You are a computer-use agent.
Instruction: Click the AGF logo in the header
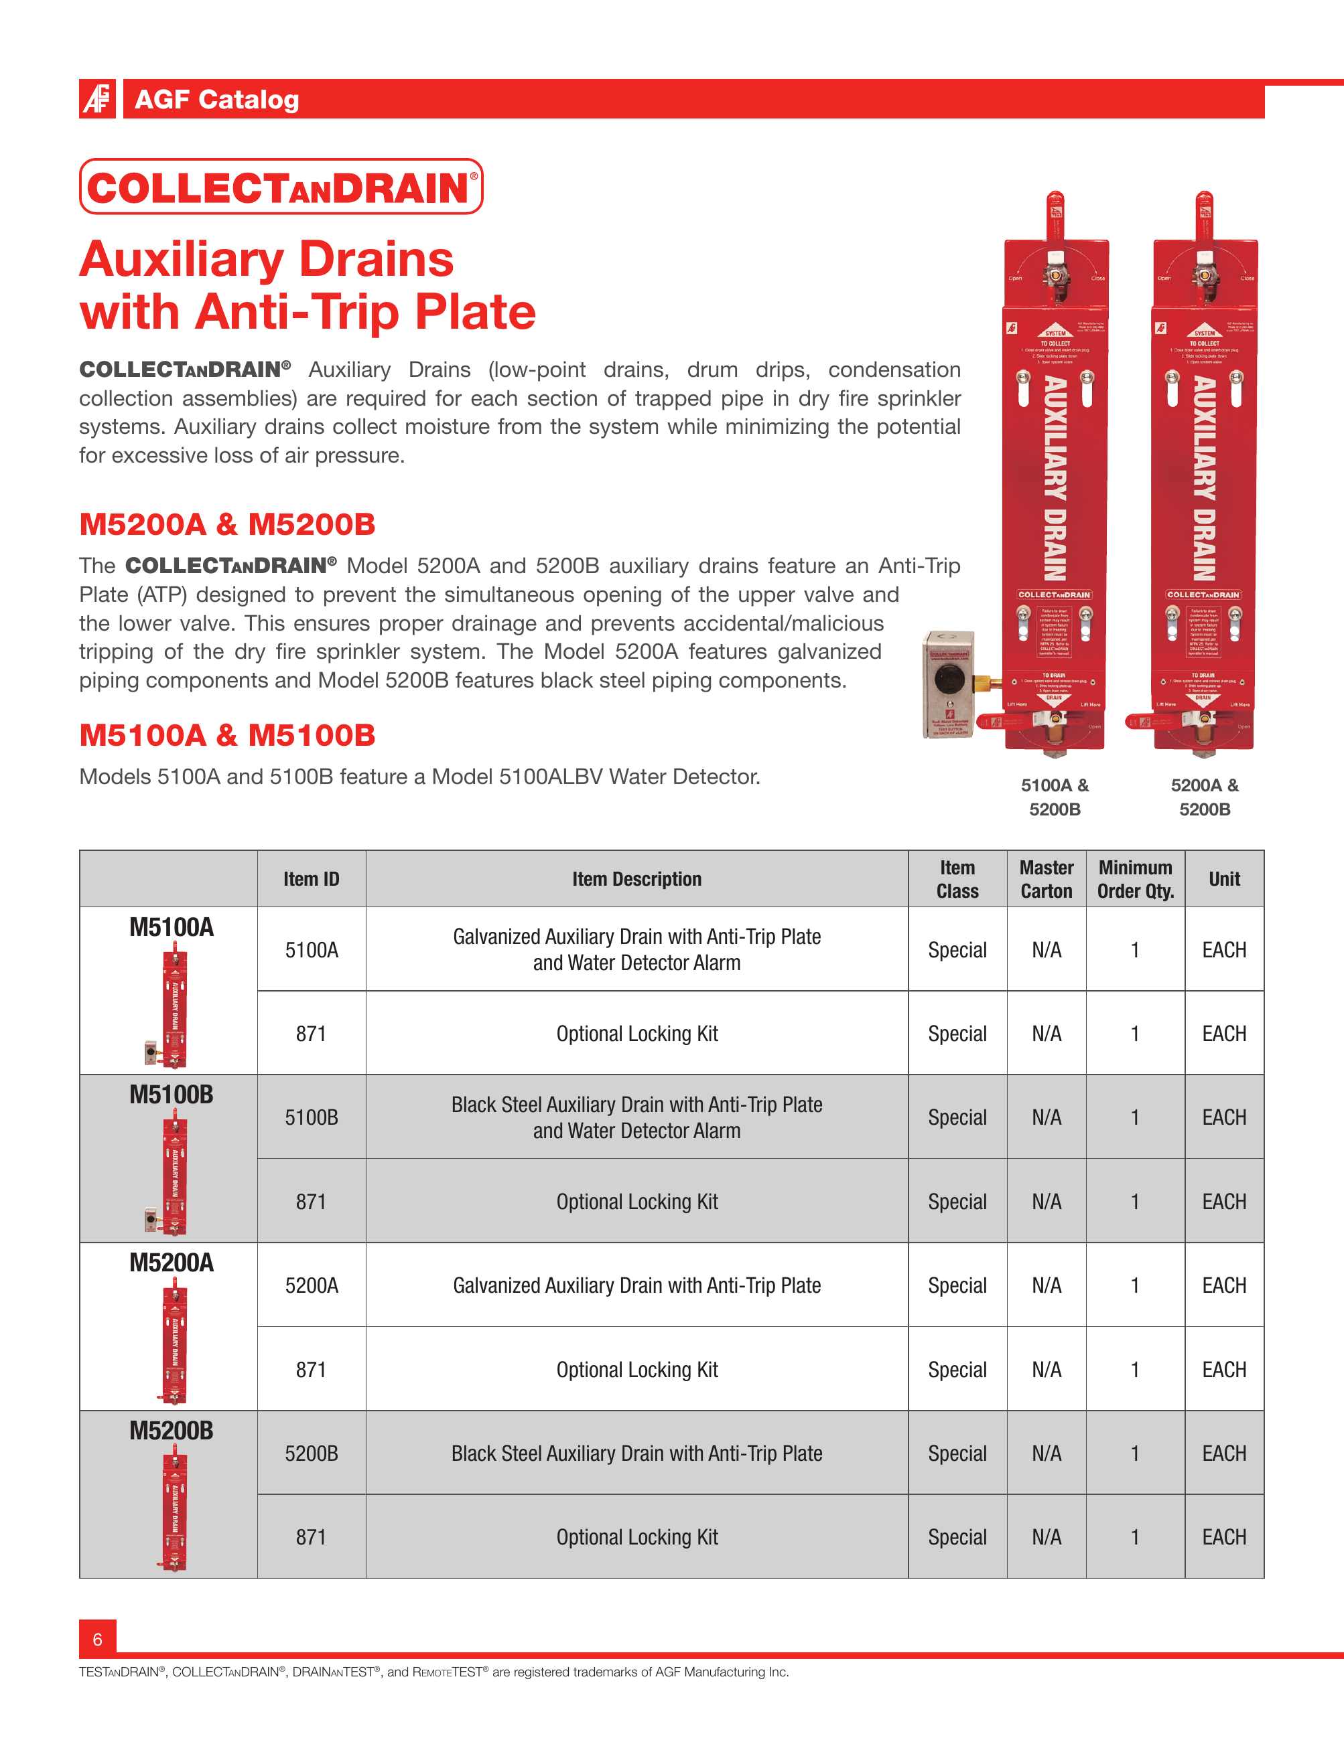[x=97, y=98]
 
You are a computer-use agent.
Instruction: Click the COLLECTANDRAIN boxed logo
[x=281, y=187]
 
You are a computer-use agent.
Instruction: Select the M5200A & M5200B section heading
[x=227, y=524]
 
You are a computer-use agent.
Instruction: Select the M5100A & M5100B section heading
[x=227, y=735]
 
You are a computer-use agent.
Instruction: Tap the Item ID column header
[x=312, y=879]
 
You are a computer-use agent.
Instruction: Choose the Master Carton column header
[x=1047, y=879]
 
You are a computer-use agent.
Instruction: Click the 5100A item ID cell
[x=312, y=950]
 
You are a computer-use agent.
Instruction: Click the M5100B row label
[x=172, y=1095]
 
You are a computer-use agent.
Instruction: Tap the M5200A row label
[x=172, y=1263]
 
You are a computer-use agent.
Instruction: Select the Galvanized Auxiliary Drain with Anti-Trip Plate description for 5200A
[x=636, y=1286]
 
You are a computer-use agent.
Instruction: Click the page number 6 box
[x=97, y=1640]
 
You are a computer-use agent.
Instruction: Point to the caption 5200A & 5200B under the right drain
[x=1205, y=797]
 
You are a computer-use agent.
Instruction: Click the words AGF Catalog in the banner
[x=216, y=100]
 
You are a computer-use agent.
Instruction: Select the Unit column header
[x=1224, y=879]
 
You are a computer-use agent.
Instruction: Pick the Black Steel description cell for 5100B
[x=636, y=1117]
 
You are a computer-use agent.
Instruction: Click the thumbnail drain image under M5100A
[x=172, y=1007]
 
